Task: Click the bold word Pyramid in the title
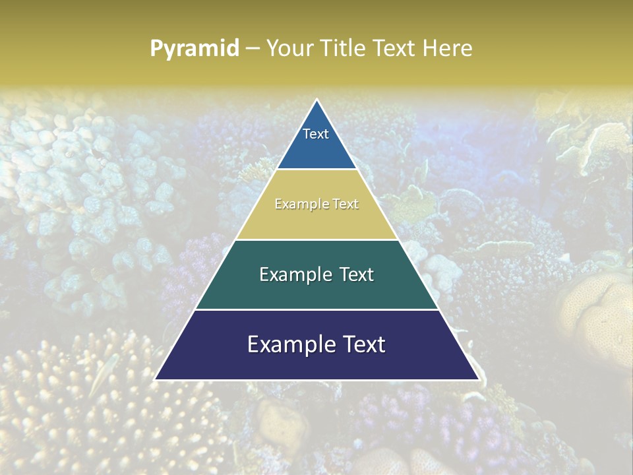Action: (x=194, y=48)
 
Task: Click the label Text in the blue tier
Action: (x=316, y=134)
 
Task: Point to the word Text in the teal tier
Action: (x=356, y=274)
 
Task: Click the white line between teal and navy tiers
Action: (x=316, y=309)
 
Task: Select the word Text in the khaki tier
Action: (x=346, y=205)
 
